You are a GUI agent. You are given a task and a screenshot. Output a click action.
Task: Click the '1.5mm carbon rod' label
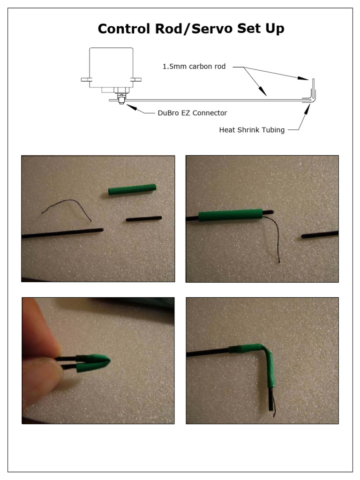194,67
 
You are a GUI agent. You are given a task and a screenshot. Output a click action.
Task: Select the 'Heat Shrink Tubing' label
252,130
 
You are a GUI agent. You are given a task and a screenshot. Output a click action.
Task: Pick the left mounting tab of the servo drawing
85,80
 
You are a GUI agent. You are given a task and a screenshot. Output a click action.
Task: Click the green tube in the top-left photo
132,189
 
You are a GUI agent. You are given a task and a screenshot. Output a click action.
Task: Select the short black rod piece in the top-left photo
143,219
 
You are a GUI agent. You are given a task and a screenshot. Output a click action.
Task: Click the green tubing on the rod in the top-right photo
230,216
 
